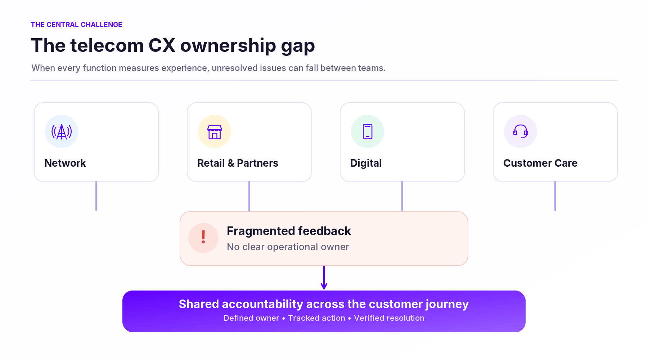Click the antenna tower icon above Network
[x=62, y=131]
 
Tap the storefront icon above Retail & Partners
[x=215, y=132]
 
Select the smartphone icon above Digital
[x=368, y=131]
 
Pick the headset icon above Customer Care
[x=521, y=131]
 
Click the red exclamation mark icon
[x=203, y=237]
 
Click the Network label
[x=65, y=163]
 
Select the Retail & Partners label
[x=238, y=163]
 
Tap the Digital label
[x=366, y=163]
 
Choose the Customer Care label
[x=540, y=163]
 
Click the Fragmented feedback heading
[x=289, y=231]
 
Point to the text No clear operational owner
[x=288, y=247]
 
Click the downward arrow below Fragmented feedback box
[x=324, y=278]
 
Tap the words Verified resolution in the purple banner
[x=389, y=318]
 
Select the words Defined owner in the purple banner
[x=251, y=318]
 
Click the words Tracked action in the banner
[x=316, y=318]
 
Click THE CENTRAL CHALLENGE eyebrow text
[x=76, y=24]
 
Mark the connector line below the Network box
[x=96, y=196]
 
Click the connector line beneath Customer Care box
[x=555, y=196]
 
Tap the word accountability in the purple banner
[x=264, y=305]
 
